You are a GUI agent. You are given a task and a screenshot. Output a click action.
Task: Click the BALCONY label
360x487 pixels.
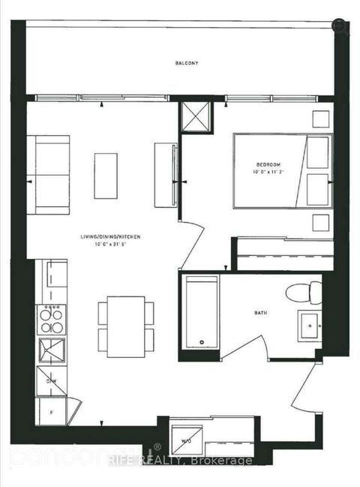pyautogui.click(x=187, y=64)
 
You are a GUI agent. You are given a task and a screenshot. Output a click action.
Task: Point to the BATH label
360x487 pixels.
pyautogui.click(x=261, y=314)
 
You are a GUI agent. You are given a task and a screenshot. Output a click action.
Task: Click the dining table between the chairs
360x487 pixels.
pyautogui.click(x=125, y=326)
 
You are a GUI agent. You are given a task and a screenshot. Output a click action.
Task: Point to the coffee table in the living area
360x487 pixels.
pyautogui.click(x=106, y=176)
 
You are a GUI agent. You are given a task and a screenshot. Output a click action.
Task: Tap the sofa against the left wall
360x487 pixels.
pyautogui.click(x=48, y=174)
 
